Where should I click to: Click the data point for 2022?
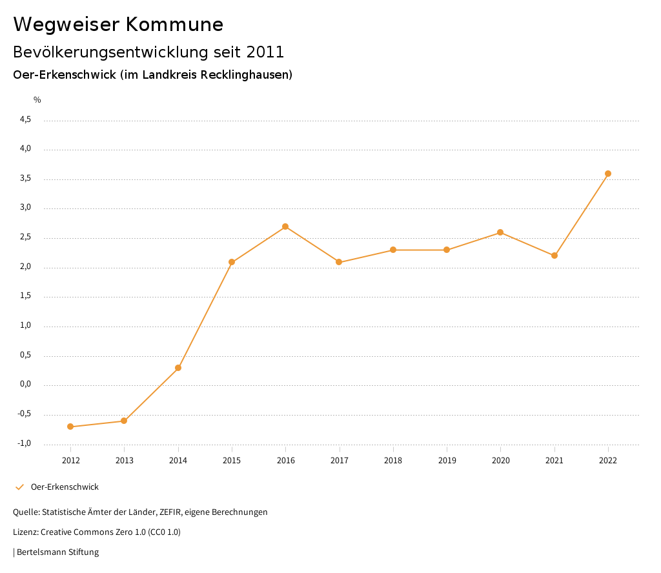tap(608, 174)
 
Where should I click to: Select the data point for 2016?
tap(285, 226)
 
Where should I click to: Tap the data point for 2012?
tap(70, 427)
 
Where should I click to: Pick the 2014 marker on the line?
tap(178, 368)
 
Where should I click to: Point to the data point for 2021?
tap(554, 256)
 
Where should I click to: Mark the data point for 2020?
tap(500, 232)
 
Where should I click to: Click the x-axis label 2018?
tap(393, 461)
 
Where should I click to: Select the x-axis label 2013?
tap(125, 461)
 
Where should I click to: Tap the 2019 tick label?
tap(447, 461)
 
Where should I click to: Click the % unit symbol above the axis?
tap(37, 100)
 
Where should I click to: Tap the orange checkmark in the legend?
tap(19, 487)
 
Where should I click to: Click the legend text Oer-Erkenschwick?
tap(65, 487)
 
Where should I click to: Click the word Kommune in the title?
tap(174, 25)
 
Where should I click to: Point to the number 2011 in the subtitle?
tap(265, 52)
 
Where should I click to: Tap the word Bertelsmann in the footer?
tap(41, 552)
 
